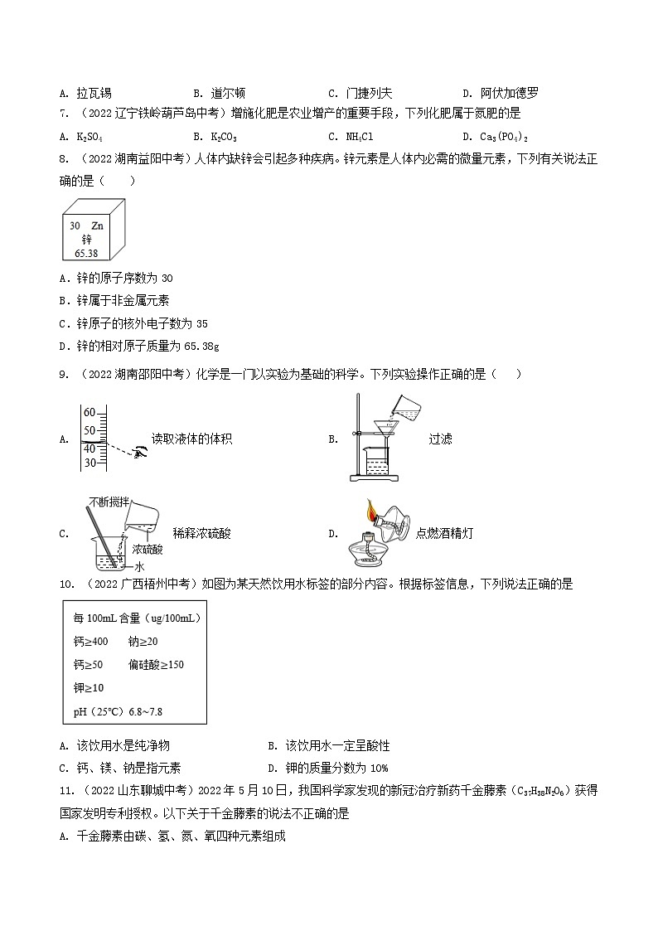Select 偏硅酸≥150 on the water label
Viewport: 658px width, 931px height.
pos(156,664)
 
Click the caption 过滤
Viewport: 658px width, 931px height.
pos(440,439)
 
